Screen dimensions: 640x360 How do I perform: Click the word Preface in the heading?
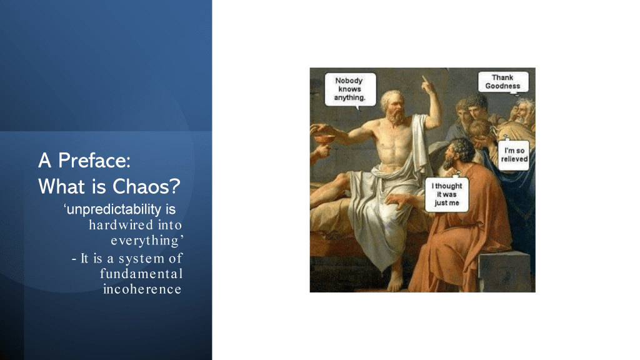[94, 161]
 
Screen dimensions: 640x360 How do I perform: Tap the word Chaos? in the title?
[146, 186]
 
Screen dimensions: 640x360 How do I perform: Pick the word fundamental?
[141, 274]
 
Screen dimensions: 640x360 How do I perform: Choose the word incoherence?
[142, 289]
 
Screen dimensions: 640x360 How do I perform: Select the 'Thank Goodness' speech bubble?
[503, 82]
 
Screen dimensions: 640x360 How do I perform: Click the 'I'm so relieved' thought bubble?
[514, 155]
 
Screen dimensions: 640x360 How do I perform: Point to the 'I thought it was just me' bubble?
[446, 194]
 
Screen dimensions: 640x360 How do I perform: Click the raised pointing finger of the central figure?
[424, 80]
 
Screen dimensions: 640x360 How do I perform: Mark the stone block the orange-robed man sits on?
[504, 271]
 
